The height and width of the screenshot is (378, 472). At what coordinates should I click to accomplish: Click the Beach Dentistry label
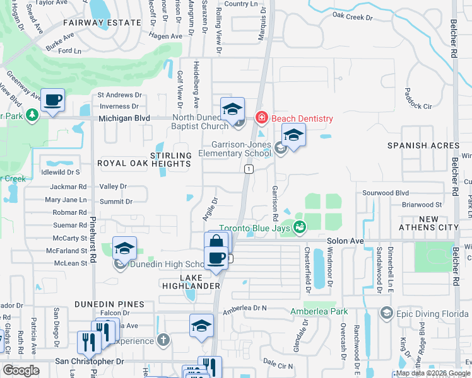[x=302, y=118]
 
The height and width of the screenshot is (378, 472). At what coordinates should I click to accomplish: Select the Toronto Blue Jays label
[x=254, y=228]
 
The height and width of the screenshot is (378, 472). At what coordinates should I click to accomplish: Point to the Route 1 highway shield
[x=249, y=169]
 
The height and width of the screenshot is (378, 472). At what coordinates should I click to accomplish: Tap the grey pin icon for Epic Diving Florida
[x=386, y=312]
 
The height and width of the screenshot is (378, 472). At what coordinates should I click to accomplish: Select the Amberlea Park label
[x=319, y=311]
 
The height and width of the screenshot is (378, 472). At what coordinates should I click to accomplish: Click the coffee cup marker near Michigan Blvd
[x=53, y=100]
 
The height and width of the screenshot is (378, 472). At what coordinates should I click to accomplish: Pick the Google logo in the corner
[x=21, y=370]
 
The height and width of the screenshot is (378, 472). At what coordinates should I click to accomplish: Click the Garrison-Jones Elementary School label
[x=235, y=148]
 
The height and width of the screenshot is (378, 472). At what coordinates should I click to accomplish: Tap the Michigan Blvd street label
[x=124, y=118]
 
